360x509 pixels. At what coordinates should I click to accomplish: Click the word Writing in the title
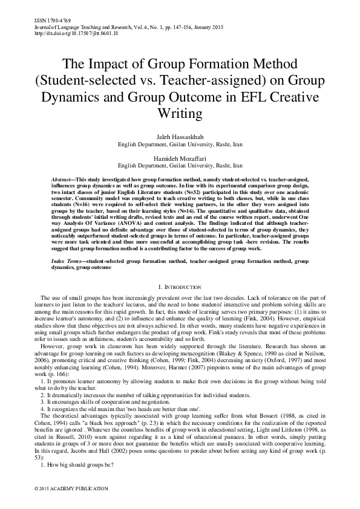pyautogui.click(x=179, y=114)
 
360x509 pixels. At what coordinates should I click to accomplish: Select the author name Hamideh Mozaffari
pyautogui.click(x=179, y=157)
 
